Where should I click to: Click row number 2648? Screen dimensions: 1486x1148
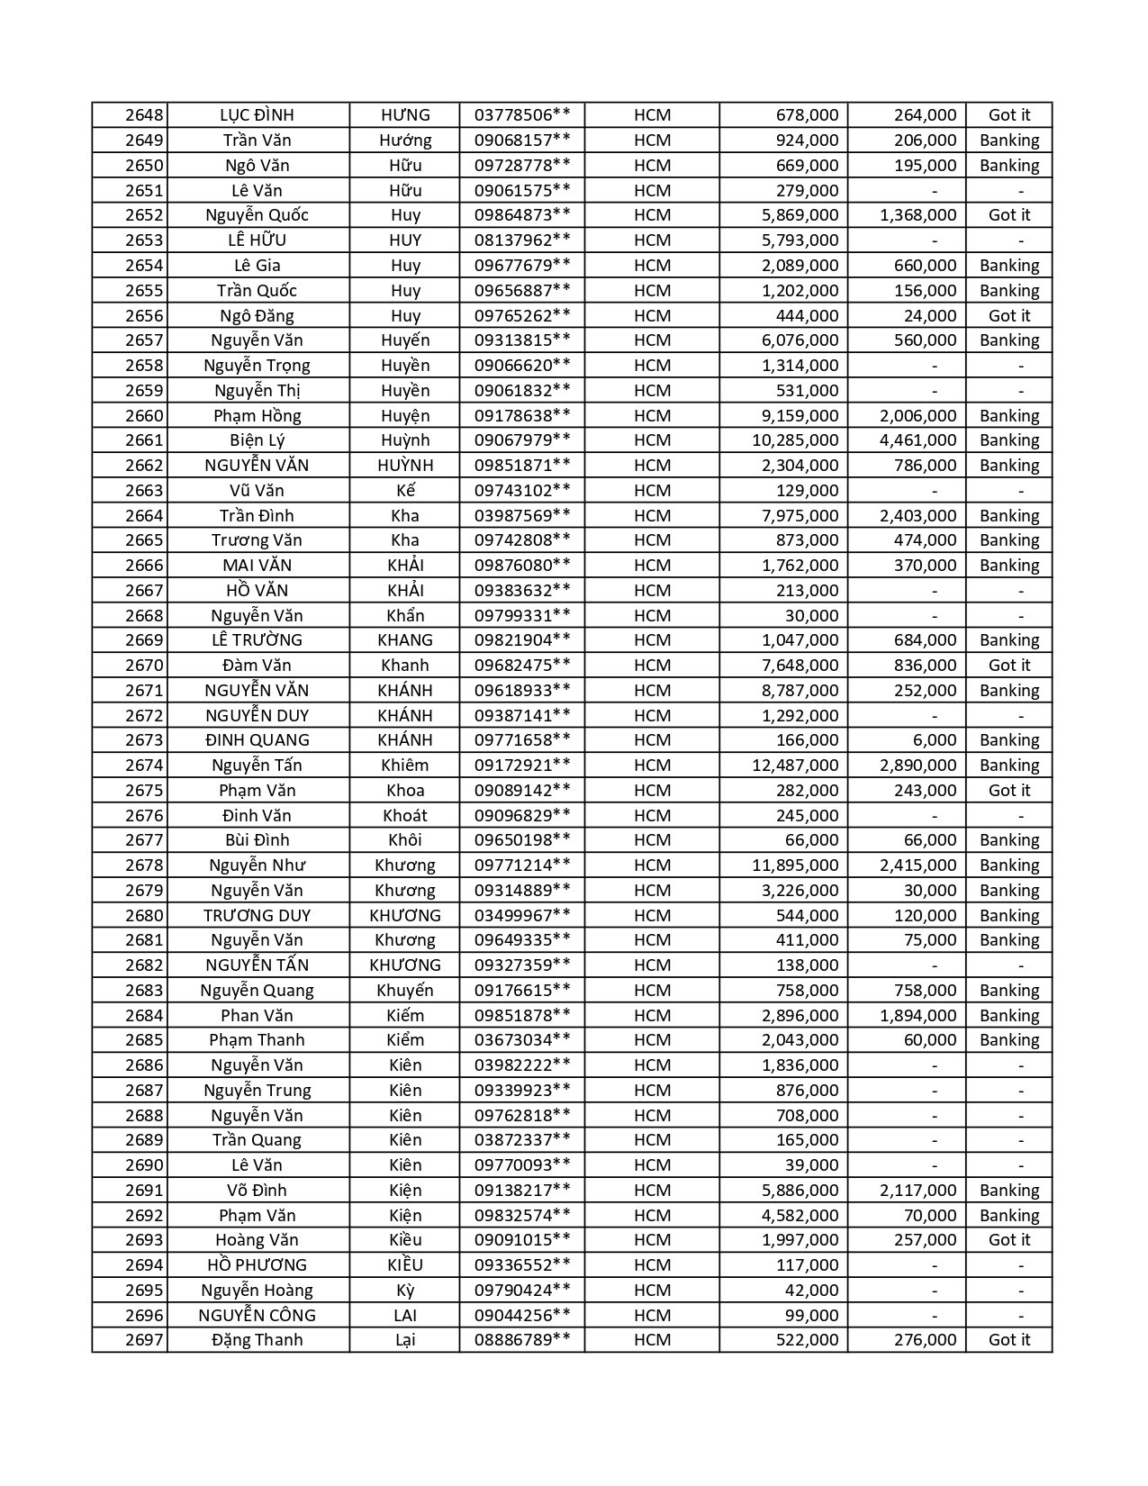144,115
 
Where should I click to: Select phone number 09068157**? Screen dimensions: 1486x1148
522,140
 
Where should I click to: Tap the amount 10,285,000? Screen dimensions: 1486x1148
795,440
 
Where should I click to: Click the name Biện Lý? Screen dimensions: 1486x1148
258,440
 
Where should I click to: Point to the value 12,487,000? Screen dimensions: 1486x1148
795,766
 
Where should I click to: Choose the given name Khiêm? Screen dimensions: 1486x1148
405,766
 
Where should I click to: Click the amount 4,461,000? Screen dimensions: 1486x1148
917,440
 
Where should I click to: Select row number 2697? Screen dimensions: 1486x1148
144,1340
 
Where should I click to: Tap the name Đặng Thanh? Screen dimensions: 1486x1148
258,1340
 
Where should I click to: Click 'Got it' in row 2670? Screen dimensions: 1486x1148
1008,666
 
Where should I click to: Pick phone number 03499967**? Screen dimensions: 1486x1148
522,916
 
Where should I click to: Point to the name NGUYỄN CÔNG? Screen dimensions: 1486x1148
258,1315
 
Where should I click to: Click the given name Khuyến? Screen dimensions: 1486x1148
405,991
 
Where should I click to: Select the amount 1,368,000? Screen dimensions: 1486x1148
917,215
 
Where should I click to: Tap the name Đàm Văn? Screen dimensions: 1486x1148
258,666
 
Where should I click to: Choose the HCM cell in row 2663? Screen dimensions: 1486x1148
652,491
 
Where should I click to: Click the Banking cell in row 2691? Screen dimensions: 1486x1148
1008,1191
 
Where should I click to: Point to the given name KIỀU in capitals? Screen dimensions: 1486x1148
405,1265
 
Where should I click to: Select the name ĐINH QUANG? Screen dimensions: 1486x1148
258,740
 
